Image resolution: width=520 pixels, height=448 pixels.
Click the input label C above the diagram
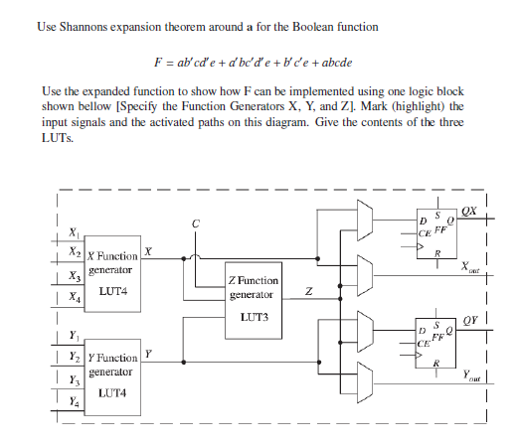(x=194, y=225)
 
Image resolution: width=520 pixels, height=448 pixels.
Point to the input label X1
(x=74, y=233)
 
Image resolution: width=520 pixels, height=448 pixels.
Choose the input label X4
(x=74, y=297)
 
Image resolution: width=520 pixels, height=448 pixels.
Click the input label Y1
(x=74, y=337)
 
